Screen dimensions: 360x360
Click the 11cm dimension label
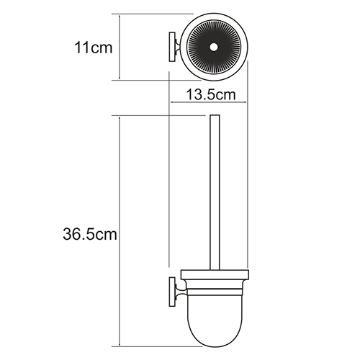click(94, 48)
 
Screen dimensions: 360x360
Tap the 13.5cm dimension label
click(211, 94)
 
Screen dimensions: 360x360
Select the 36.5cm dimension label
click(90, 234)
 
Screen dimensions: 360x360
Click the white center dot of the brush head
click(213, 48)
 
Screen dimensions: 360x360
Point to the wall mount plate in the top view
click(172, 47)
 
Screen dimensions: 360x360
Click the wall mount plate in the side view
click(172, 292)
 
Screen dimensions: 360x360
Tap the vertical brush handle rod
click(215, 192)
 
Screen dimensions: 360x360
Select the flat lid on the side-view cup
click(215, 275)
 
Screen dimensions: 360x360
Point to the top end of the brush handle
click(215, 115)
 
